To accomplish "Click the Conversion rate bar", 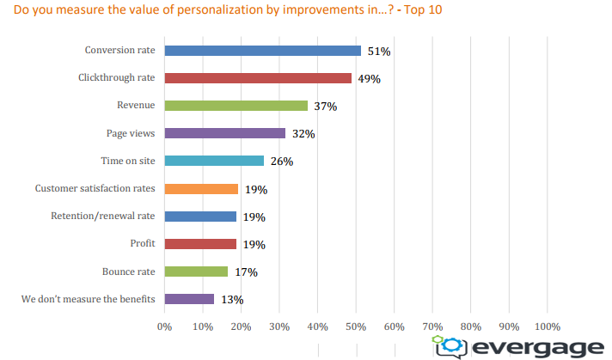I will (x=262, y=51).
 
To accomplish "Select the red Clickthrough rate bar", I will (x=258, y=78).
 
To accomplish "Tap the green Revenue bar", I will (x=236, y=106).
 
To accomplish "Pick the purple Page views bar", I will (x=224, y=133).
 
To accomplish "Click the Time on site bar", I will (x=214, y=161).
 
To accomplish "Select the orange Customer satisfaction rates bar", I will (x=201, y=189).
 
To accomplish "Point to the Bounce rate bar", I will (x=196, y=272).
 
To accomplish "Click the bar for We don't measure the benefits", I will (x=189, y=299).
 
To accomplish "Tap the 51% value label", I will (x=379, y=52).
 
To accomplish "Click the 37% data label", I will (x=325, y=107).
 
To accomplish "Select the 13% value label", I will (x=232, y=300).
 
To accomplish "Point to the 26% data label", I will (x=281, y=162).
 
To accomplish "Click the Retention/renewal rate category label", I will (x=105, y=217).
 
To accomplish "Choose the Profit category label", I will (x=142, y=244).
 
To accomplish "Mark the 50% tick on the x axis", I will (x=356, y=326).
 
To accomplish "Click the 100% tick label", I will (x=547, y=326).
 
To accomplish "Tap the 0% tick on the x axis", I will (x=164, y=326).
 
